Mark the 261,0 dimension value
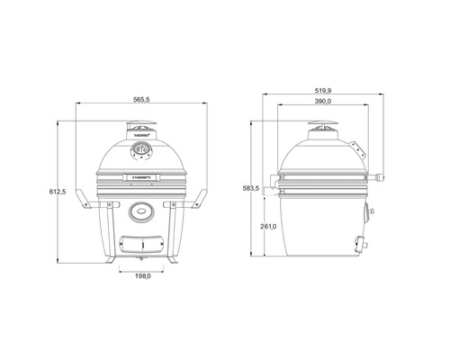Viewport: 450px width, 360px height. (x=268, y=226)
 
